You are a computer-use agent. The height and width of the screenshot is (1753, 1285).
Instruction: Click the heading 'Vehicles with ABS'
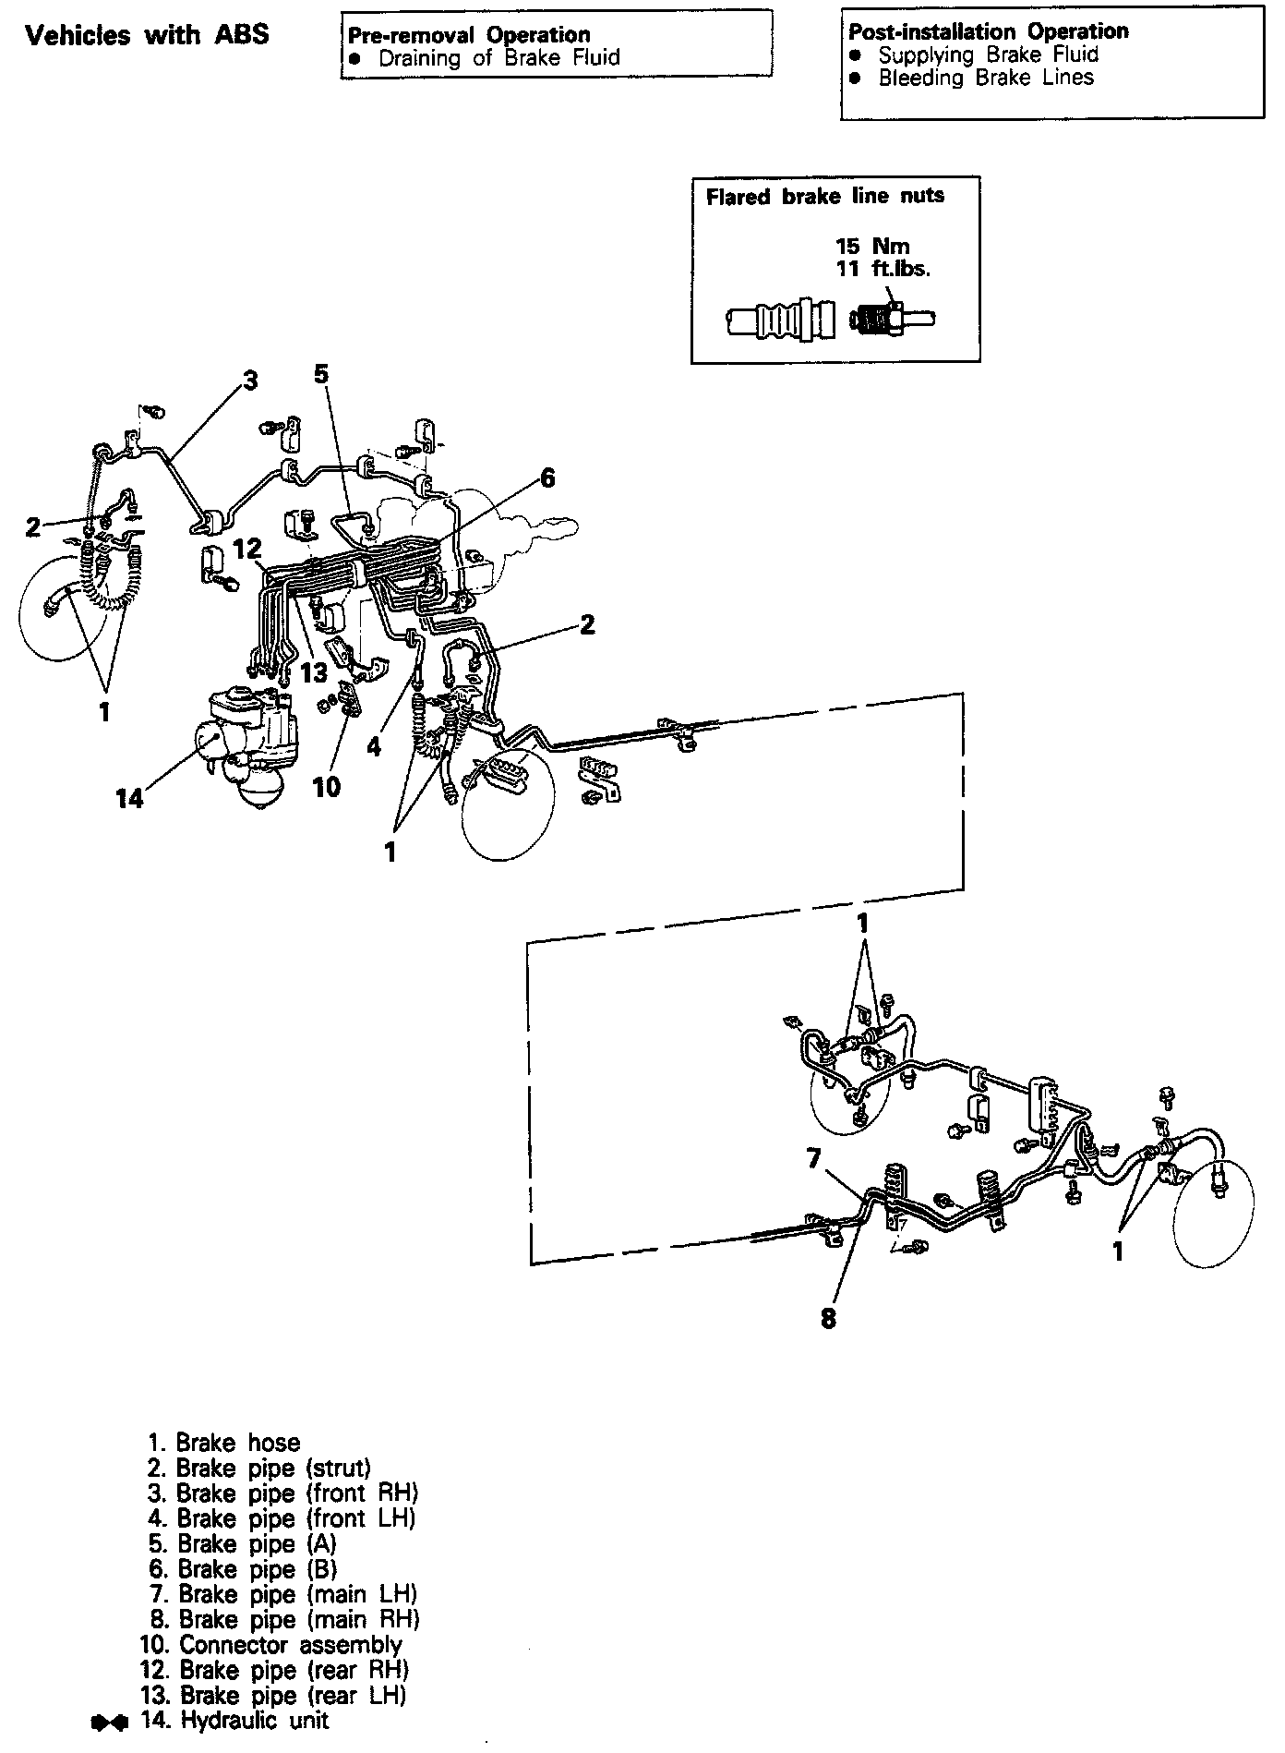(148, 36)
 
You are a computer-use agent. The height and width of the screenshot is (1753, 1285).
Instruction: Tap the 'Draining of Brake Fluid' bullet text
(499, 58)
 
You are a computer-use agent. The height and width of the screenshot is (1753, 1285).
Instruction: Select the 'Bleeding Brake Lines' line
(985, 79)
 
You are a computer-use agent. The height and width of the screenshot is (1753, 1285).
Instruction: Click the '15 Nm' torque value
(872, 246)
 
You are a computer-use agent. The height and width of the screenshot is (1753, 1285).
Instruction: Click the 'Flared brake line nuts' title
(824, 196)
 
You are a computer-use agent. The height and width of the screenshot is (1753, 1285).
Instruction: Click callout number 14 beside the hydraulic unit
(129, 798)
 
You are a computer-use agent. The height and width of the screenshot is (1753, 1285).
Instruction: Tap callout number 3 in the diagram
(250, 381)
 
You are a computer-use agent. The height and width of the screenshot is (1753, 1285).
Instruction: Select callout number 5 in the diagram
(320, 374)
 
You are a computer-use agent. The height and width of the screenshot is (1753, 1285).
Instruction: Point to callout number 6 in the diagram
(547, 478)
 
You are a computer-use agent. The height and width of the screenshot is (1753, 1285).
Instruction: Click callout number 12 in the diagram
(247, 550)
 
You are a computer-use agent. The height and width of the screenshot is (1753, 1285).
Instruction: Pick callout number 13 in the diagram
(314, 672)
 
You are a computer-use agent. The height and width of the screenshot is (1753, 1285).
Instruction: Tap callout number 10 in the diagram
(327, 786)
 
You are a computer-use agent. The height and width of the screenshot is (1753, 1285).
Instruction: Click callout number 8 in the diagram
(828, 1318)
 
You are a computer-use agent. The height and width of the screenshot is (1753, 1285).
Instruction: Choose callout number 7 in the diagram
(813, 1158)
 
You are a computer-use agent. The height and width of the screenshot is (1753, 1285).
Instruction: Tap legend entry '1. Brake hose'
(224, 1443)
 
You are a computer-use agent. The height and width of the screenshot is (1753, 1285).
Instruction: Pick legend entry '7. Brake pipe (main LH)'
(283, 1594)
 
